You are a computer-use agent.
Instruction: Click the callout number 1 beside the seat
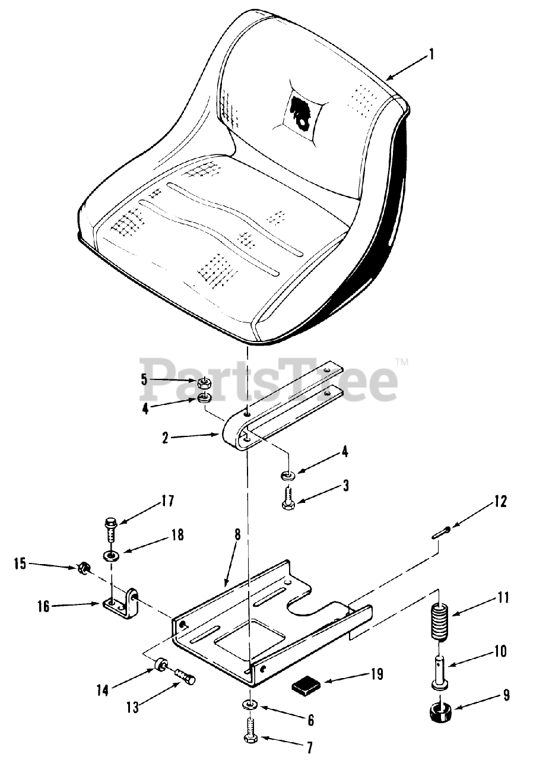click(x=431, y=55)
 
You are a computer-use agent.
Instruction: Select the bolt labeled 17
click(x=110, y=530)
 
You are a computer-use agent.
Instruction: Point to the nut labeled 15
click(x=84, y=569)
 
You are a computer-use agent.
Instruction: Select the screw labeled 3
click(x=287, y=498)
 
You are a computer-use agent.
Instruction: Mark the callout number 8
click(x=237, y=534)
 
